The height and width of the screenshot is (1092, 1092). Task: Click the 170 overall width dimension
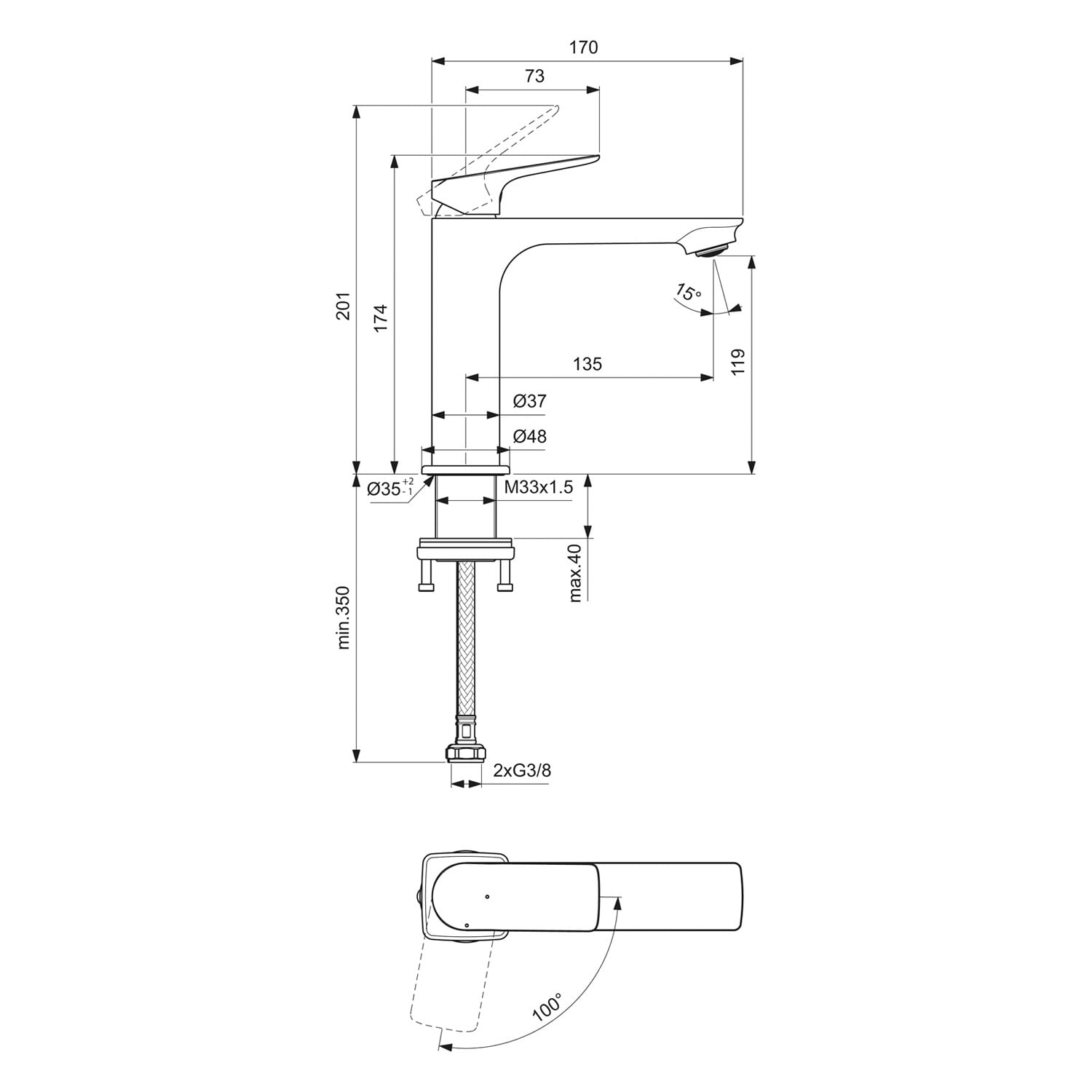[x=584, y=48]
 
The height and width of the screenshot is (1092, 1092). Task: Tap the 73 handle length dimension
[x=534, y=76]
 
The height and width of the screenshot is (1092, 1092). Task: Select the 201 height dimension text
[x=344, y=305]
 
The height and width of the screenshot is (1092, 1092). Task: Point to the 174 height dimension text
[x=381, y=319]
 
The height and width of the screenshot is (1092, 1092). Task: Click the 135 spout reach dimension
[x=587, y=363]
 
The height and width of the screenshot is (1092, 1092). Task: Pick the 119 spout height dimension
[x=738, y=362]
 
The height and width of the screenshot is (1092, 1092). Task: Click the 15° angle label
[x=687, y=292]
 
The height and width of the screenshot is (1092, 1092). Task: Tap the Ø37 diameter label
[x=529, y=401]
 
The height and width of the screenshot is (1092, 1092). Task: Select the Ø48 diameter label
[x=529, y=437]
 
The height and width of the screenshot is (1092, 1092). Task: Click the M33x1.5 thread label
[x=539, y=488]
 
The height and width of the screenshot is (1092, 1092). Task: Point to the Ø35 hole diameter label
[x=389, y=488]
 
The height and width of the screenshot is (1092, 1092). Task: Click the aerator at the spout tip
[x=712, y=252]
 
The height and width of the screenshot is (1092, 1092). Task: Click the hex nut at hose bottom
[x=465, y=753]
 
